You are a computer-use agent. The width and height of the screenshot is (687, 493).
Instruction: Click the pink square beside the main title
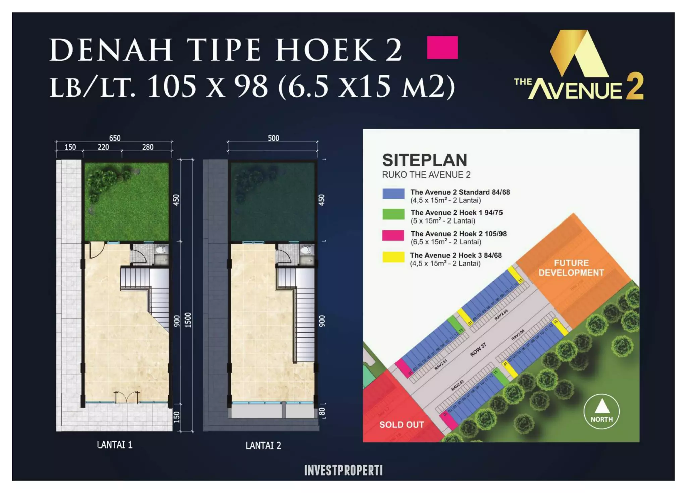click(442, 48)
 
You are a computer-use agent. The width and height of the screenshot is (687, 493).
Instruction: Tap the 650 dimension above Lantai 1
click(115, 138)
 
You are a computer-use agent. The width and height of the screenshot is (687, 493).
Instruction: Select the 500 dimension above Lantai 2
click(273, 138)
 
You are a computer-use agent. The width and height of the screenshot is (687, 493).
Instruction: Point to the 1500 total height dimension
click(188, 320)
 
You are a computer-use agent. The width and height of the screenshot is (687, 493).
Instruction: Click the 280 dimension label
click(148, 147)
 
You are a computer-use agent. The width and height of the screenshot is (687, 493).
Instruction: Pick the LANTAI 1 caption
click(115, 445)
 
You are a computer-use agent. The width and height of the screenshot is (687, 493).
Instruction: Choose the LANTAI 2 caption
click(263, 445)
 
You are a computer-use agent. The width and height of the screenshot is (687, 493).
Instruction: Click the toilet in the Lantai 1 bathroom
click(161, 250)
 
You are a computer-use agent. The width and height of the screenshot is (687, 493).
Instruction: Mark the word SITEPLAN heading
click(424, 160)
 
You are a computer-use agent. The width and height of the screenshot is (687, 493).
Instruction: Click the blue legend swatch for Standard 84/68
click(393, 194)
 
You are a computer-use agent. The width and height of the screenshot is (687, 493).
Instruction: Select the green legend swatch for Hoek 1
click(393, 214)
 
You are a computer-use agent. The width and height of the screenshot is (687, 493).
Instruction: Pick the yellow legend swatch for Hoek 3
click(393, 257)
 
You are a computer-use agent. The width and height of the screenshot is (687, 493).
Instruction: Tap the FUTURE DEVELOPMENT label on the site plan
click(571, 268)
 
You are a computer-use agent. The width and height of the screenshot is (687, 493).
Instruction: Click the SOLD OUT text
click(402, 425)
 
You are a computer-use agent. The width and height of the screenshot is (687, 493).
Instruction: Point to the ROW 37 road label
click(478, 350)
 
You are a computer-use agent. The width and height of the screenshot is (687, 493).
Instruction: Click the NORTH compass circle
click(601, 411)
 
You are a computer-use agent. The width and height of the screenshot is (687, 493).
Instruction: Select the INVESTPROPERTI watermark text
click(343, 471)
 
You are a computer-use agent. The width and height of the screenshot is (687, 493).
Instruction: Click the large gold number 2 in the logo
click(634, 87)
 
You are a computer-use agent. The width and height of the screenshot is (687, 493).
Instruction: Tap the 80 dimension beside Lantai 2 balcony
click(322, 411)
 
